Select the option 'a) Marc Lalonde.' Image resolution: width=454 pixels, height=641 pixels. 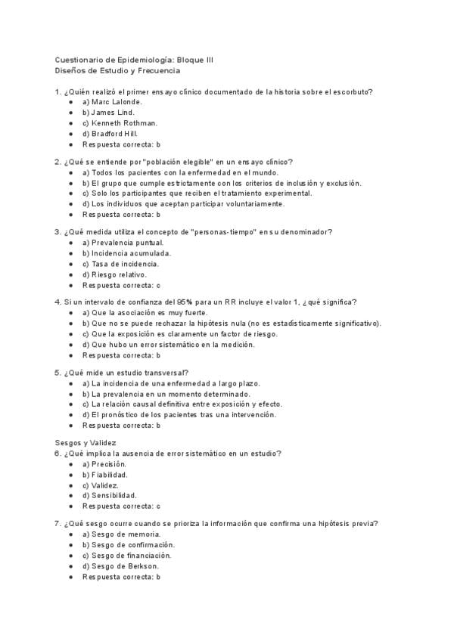coord(112,101)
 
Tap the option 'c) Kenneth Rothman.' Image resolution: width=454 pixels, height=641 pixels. coord(120,122)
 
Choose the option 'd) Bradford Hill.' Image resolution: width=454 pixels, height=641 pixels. coord(110,133)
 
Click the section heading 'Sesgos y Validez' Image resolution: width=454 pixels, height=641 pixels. coord(86,443)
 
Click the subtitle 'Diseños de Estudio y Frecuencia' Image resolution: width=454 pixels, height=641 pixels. coord(117,70)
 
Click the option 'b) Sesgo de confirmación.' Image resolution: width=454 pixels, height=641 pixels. coord(129,544)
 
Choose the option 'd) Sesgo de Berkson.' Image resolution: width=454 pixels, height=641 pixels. coord(120,565)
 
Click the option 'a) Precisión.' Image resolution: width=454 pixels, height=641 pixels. coord(104,464)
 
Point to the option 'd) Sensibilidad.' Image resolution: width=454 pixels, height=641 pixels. coord(110,496)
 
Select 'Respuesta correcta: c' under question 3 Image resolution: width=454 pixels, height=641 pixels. coord(121,285)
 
